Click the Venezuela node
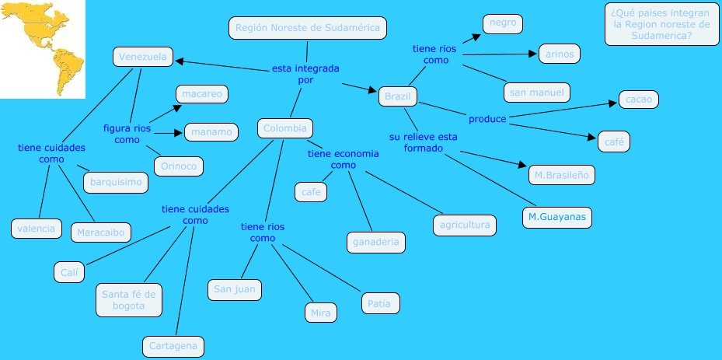click(x=143, y=57)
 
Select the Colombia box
click(x=285, y=128)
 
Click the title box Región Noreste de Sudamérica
click(x=307, y=28)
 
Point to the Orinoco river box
click(x=179, y=166)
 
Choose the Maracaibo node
click(x=101, y=232)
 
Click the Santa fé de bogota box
click(x=129, y=299)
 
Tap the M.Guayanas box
click(x=556, y=217)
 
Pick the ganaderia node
click(x=375, y=242)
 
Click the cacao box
click(x=639, y=100)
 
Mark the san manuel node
click(x=537, y=93)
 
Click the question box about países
click(x=661, y=24)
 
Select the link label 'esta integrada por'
click(x=305, y=74)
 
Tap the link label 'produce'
click(x=487, y=119)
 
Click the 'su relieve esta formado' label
click(x=424, y=142)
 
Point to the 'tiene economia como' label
click(x=343, y=159)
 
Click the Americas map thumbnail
click(x=42, y=49)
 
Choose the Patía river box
click(x=380, y=302)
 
